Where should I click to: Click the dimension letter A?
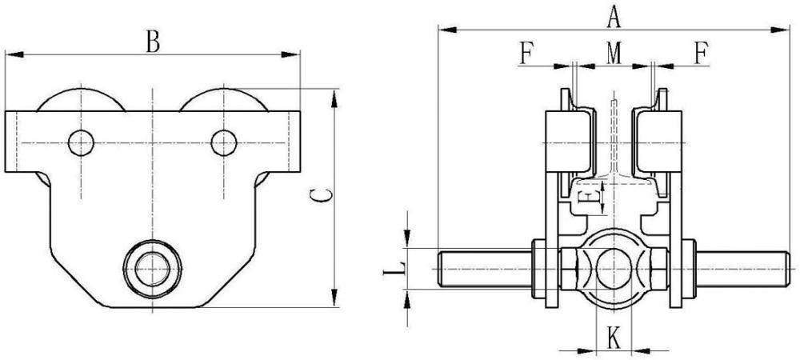614,15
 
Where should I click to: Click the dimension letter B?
152,41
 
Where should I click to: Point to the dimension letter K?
614,338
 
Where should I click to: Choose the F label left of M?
526,53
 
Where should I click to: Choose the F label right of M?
701,53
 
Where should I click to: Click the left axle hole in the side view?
81,142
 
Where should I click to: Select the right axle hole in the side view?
224,142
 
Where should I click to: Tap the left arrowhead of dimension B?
10,55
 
